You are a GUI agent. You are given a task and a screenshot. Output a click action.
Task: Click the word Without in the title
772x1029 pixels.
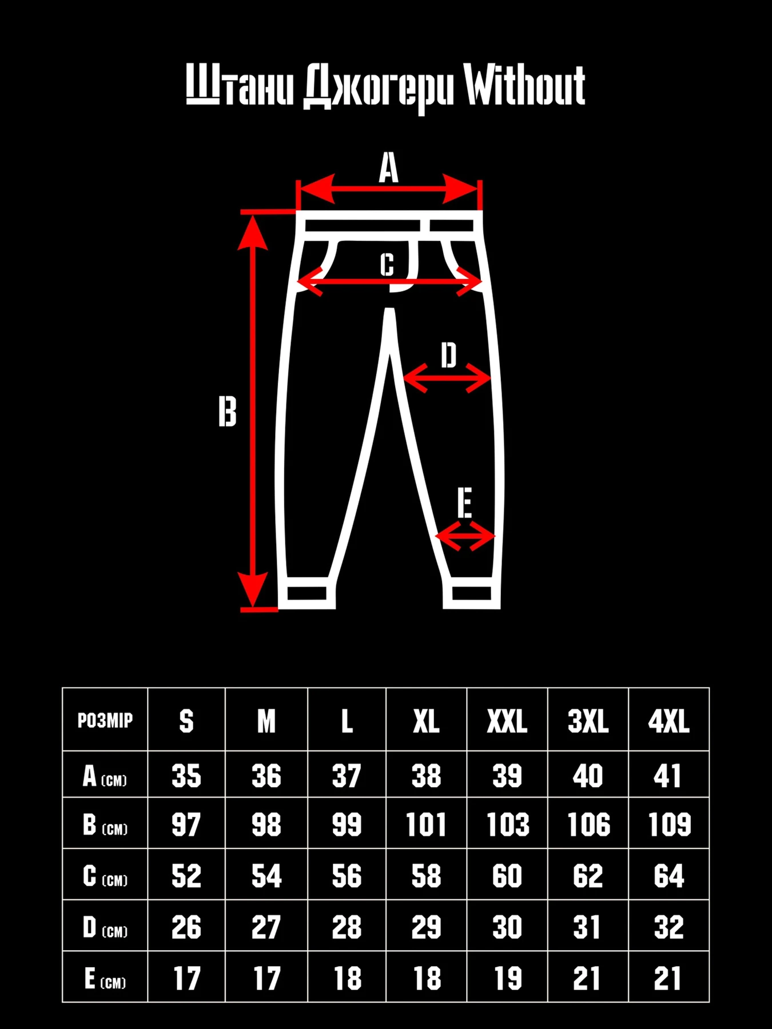pyautogui.click(x=524, y=86)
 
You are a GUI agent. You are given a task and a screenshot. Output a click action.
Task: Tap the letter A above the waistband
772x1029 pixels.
pyautogui.click(x=389, y=167)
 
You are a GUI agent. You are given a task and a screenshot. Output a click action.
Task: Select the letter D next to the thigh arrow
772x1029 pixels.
pyautogui.click(x=449, y=355)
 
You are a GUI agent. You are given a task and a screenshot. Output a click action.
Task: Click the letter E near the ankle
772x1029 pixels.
pyautogui.click(x=465, y=503)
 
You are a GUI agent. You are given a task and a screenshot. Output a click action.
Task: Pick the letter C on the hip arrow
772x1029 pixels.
pyautogui.click(x=387, y=265)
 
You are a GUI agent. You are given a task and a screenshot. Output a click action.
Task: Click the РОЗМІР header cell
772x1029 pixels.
pyautogui.click(x=105, y=720)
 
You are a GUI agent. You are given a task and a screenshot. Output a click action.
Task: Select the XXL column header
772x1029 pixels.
pyautogui.click(x=507, y=721)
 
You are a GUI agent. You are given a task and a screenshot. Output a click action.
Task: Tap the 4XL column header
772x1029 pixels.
pyautogui.click(x=668, y=721)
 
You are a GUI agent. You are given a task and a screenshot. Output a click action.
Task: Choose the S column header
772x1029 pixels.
pyautogui.click(x=186, y=721)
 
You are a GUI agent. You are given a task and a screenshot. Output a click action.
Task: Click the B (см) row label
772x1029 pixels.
pyautogui.click(x=105, y=825)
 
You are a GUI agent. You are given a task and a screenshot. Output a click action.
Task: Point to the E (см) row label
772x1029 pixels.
pyautogui.click(x=105, y=979)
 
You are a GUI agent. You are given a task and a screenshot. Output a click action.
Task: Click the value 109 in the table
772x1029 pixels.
pyautogui.click(x=669, y=825)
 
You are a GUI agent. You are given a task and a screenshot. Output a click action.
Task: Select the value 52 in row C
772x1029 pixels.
pyautogui.click(x=186, y=876)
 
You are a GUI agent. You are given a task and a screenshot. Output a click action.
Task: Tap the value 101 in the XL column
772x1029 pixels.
pyautogui.click(x=426, y=825)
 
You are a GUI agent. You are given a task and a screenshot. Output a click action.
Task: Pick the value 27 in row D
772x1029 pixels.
pyautogui.click(x=266, y=927)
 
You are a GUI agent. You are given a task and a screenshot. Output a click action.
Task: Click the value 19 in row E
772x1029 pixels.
pyautogui.click(x=508, y=979)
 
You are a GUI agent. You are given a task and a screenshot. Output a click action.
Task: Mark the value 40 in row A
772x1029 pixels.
pyautogui.click(x=588, y=776)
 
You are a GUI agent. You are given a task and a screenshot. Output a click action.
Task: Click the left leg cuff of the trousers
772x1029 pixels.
pyautogui.click(x=307, y=594)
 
